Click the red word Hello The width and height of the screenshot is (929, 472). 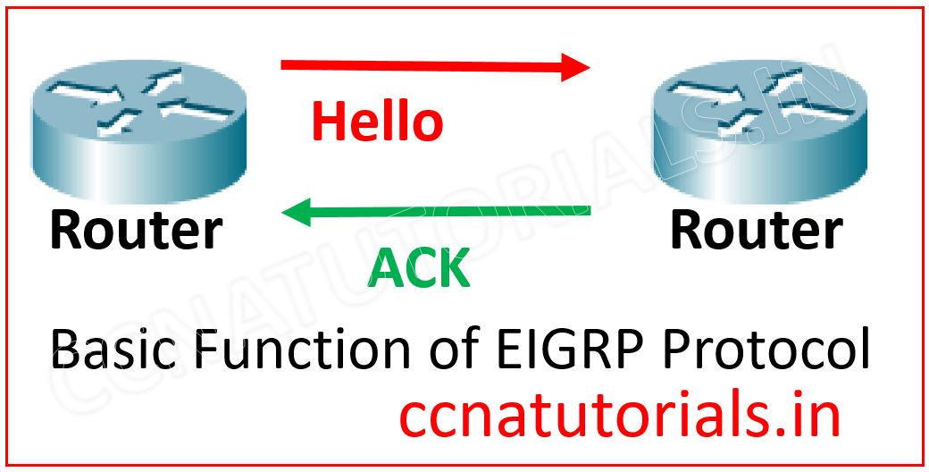[x=377, y=122]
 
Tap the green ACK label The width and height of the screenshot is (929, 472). [x=420, y=268]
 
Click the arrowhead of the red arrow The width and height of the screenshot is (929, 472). [x=576, y=66]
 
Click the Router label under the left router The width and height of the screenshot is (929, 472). [x=136, y=230]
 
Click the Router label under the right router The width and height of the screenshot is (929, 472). [x=756, y=230]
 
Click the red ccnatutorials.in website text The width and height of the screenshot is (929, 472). [x=619, y=415]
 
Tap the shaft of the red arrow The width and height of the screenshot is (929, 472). [x=420, y=64]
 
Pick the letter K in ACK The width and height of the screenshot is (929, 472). [x=454, y=268]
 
